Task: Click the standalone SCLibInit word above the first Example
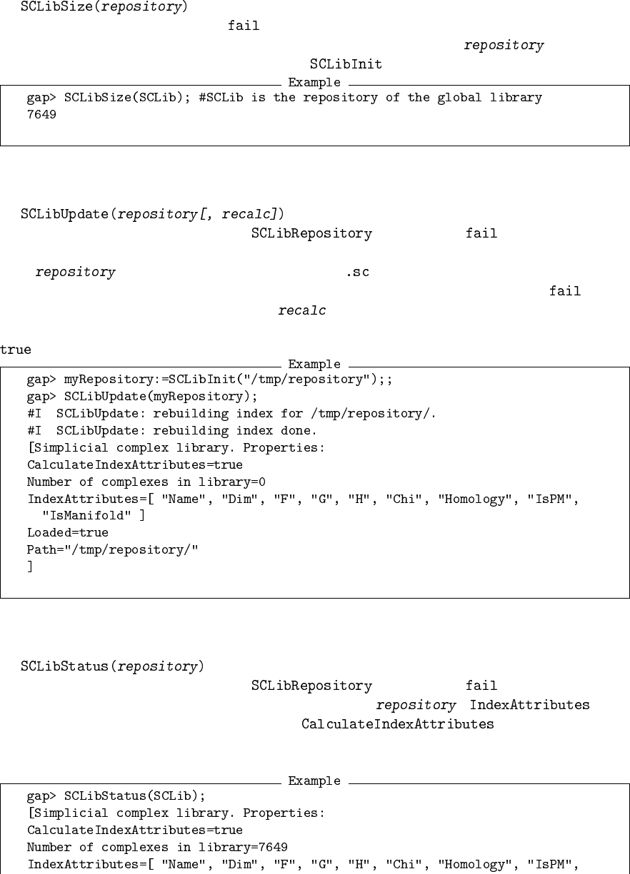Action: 346,64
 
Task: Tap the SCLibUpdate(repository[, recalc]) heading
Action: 152,214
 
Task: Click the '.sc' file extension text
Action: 357,273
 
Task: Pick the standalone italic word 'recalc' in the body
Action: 302,310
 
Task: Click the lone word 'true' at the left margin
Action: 16,350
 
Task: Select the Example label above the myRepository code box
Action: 314,365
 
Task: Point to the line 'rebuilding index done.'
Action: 171,431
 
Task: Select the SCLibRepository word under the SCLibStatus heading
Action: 311,686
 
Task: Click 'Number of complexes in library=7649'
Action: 157,848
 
